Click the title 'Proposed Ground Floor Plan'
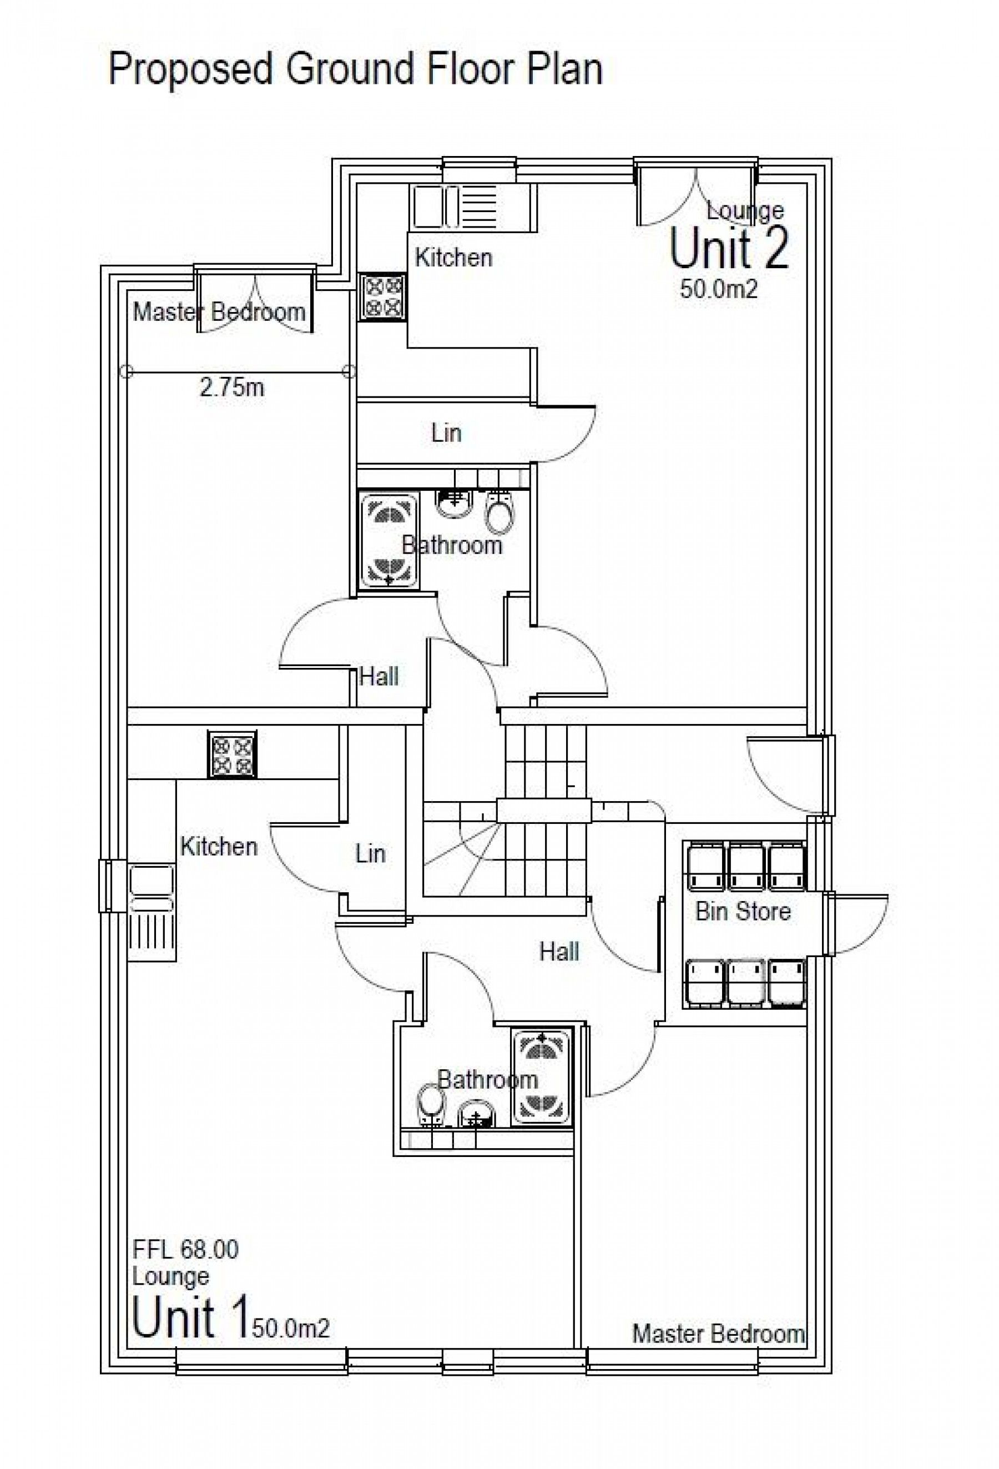click(355, 69)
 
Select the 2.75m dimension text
click(232, 387)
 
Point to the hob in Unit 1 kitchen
click(233, 754)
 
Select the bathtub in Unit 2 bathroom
click(388, 541)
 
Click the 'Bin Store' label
click(743, 911)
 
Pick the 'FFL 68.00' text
click(185, 1249)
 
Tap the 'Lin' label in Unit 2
click(446, 434)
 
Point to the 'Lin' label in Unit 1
click(370, 854)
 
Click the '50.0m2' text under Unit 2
click(718, 289)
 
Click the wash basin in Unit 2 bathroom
click(453, 502)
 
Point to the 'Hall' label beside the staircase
click(558, 952)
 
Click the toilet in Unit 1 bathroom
click(432, 1104)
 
